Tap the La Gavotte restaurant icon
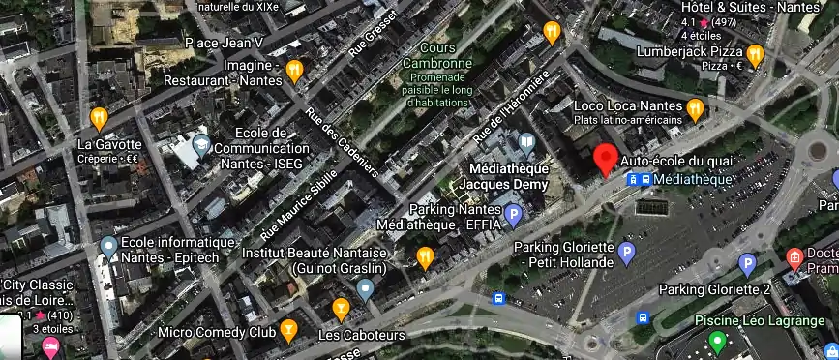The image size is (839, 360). tap(98, 119)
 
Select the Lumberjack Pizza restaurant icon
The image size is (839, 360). tap(755, 53)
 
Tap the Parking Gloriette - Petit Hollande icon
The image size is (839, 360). tap(626, 255)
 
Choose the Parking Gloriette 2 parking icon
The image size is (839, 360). tap(746, 263)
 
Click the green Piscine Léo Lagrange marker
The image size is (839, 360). tap(716, 341)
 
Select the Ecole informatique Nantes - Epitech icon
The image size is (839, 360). tap(108, 248)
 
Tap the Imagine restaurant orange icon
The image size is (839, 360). tap(296, 70)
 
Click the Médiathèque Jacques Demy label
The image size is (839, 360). tap(502, 175)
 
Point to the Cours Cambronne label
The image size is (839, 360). tap(445, 56)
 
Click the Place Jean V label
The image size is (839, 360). tap(224, 44)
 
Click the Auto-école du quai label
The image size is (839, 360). tap(677, 160)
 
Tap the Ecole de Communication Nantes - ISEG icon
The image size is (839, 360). tap(201, 146)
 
